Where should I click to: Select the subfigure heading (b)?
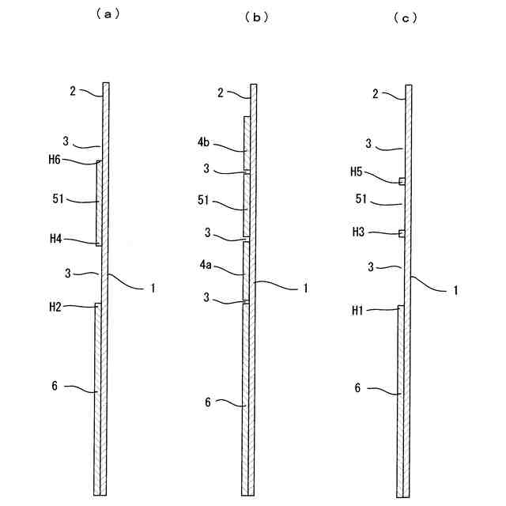(256, 17)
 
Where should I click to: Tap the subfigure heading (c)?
(405, 17)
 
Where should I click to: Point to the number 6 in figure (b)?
(208, 402)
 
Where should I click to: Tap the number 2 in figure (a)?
(72, 92)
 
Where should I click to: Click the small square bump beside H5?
(402, 181)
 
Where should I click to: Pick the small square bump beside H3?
(402, 232)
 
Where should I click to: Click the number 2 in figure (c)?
(375, 94)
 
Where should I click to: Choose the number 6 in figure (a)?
(55, 385)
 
